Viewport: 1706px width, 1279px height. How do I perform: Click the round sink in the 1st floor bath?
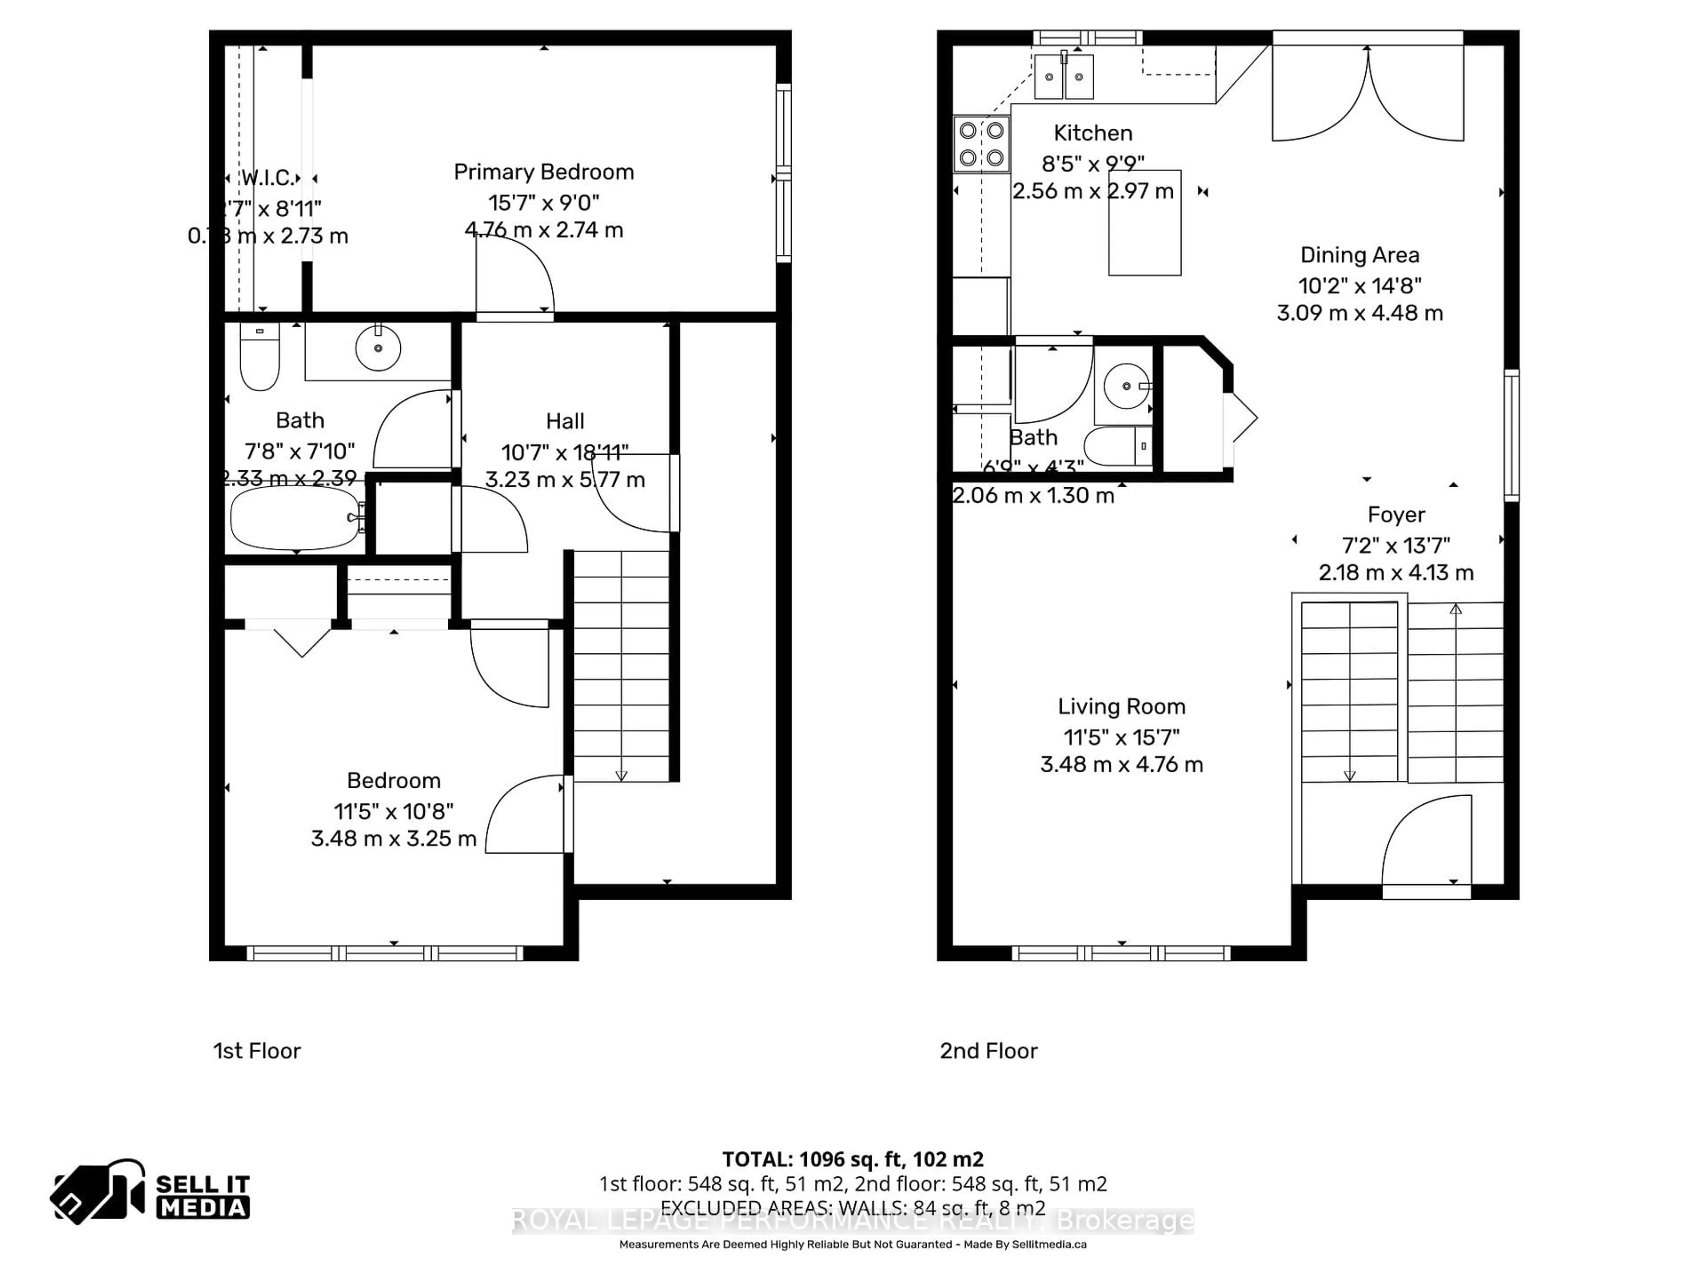(378, 349)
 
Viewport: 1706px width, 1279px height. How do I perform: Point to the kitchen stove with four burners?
(981, 144)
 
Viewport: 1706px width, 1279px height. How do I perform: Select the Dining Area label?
(1359, 255)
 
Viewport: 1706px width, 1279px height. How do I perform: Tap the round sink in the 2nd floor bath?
(1126, 385)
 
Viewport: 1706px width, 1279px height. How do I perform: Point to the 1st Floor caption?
(257, 1051)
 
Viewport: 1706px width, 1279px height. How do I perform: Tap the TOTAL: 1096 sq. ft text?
(852, 1159)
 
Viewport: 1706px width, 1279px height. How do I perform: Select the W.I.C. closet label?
(267, 178)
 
